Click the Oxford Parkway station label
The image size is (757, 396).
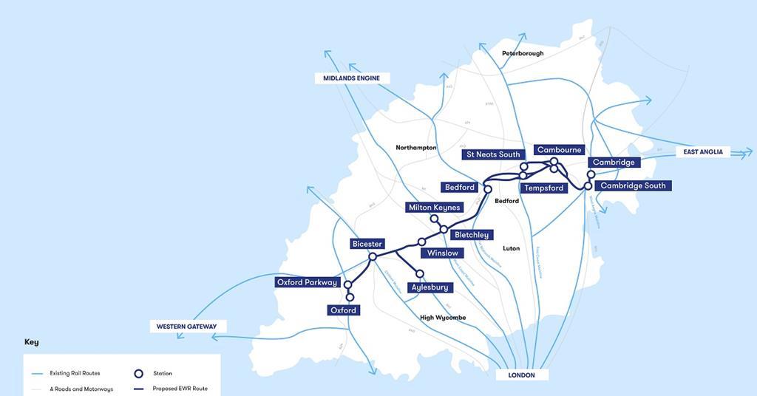[x=307, y=282]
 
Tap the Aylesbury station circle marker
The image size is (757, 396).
[x=420, y=274]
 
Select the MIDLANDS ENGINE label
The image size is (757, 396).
[x=352, y=78]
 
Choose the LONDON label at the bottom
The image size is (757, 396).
[x=521, y=375]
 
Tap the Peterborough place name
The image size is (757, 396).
[x=523, y=53]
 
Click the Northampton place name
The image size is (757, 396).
[x=416, y=148]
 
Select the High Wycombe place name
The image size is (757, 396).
[x=443, y=318]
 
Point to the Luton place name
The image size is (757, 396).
[x=511, y=248]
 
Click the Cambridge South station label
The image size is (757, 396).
[x=633, y=186]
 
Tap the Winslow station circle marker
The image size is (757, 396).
[x=422, y=242]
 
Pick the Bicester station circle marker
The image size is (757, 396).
[x=373, y=256]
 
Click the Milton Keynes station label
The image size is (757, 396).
[x=435, y=208]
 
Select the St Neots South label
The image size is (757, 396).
[x=494, y=155]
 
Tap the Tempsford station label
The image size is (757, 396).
[x=543, y=188]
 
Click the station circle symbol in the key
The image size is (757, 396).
[x=138, y=373]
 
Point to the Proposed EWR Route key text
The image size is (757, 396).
[x=180, y=389]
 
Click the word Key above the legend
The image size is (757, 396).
[x=31, y=342]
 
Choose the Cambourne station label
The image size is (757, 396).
[x=560, y=150]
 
